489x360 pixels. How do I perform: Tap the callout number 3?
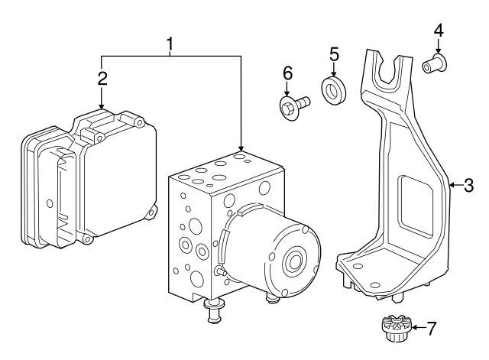click(x=468, y=185)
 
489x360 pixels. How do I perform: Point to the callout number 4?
click(x=438, y=30)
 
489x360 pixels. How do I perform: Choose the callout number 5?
click(x=334, y=54)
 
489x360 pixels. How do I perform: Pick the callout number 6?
click(x=287, y=73)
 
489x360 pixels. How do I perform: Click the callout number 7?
click(x=432, y=329)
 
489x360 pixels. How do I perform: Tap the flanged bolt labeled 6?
click(x=293, y=104)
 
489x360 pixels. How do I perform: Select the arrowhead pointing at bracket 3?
click(x=451, y=185)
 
